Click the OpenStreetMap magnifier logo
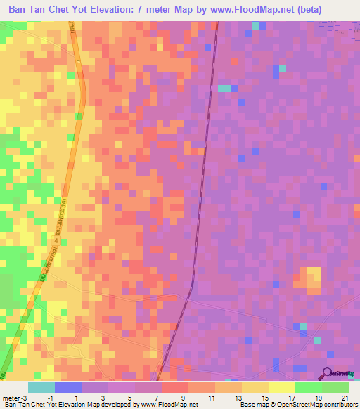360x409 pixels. click(x=328, y=374)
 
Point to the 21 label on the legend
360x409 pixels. click(x=344, y=397)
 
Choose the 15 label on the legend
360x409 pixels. click(x=264, y=397)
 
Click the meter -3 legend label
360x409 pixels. click(x=15, y=397)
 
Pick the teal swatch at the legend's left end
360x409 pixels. click(x=41, y=387)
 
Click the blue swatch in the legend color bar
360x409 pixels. click(x=67, y=387)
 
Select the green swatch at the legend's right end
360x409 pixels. click(x=335, y=387)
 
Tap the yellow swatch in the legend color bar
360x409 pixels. click(x=281, y=387)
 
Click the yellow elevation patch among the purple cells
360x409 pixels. click(x=311, y=278)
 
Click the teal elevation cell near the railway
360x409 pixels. click(x=224, y=89)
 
